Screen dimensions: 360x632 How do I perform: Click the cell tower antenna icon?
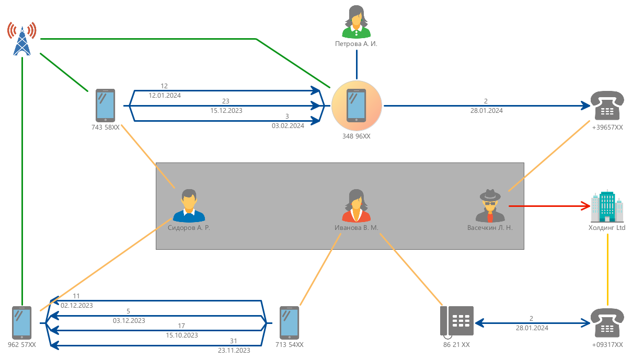point(22,38)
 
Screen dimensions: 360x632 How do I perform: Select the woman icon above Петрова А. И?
point(356,21)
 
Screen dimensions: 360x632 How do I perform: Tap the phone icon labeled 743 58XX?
point(106,105)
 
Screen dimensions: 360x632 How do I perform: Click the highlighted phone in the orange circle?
point(357,106)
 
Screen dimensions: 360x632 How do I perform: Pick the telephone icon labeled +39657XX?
point(607,107)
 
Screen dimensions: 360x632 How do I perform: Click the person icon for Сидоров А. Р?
point(189,206)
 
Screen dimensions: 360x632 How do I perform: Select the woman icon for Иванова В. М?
point(356,206)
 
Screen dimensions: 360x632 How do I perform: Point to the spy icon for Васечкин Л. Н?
point(490,206)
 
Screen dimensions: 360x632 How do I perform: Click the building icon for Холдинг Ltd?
point(607,206)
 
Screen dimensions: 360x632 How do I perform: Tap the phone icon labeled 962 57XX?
point(22,322)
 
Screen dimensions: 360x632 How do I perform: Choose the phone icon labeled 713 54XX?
point(290,322)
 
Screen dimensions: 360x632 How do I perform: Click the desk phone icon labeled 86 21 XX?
point(457,321)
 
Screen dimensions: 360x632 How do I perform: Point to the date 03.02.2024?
point(288,126)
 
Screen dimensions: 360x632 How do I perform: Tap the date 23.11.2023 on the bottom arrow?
point(234,350)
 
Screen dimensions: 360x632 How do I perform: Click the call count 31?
point(233,341)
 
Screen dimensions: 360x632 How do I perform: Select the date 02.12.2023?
point(77,305)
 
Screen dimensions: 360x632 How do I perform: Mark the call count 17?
point(181,326)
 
